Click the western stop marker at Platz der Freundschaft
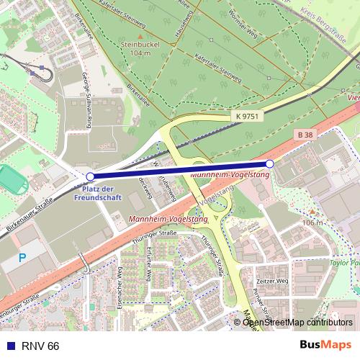pyautogui.click(x=90, y=176)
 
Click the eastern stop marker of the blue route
pyautogui.click(x=270, y=164)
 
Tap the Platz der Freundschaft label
pyautogui.click(x=99, y=192)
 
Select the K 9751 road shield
pyautogui.click(x=246, y=115)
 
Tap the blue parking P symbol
pyautogui.click(x=22, y=257)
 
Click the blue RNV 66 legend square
pyautogui.click(x=9, y=346)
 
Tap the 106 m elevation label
pyautogui.click(x=313, y=222)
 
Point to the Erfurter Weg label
pyautogui.click(x=146, y=265)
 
